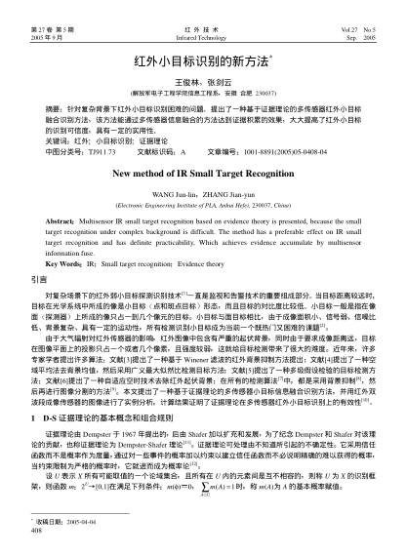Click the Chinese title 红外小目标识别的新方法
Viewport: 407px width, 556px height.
pyautogui.click(x=201, y=61)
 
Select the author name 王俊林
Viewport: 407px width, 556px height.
pyautogui.click(x=186, y=83)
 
